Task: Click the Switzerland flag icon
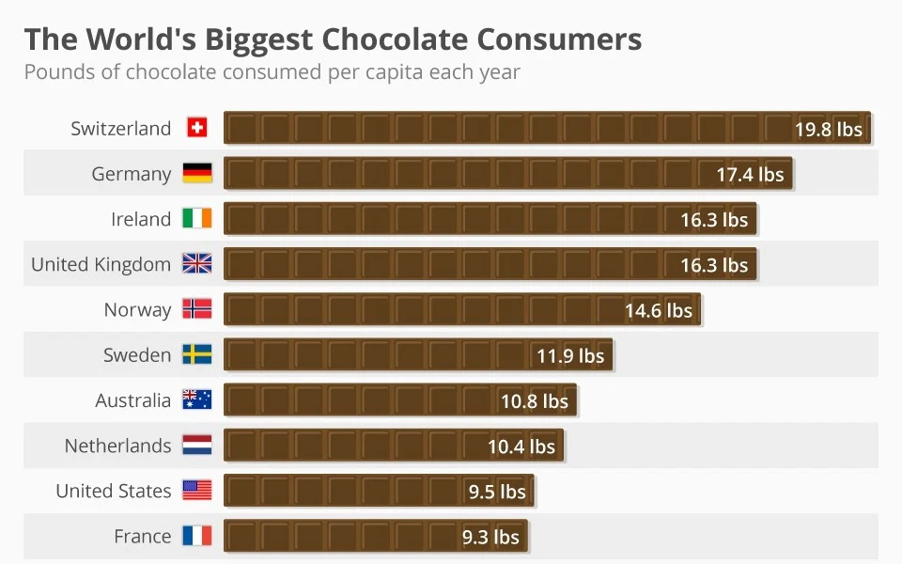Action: click(x=196, y=128)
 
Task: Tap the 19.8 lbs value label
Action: click(x=828, y=130)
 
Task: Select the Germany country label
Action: click(x=132, y=174)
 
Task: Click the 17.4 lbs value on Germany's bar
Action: click(x=750, y=175)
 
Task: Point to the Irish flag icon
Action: click(x=196, y=219)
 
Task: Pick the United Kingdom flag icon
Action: click(x=196, y=264)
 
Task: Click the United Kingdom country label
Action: click(x=101, y=264)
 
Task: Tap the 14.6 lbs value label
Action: click(x=658, y=311)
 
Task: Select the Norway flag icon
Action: click(x=196, y=309)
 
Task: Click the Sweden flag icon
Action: click(x=196, y=354)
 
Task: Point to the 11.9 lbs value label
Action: click(x=570, y=356)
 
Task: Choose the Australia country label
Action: click(x=132, y=400)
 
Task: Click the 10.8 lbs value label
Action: click(x=534, y=401)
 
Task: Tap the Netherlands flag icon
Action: click(x=196, y=445)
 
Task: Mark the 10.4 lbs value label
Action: click(x=521, y=446)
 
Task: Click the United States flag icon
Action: click(x=196, y=490)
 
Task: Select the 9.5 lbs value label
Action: click(x=497, y=492)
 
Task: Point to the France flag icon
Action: click(x=196, y=536)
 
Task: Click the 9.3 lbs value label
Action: click(x=490, y=538)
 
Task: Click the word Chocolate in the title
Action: click(x=396, y=39)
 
